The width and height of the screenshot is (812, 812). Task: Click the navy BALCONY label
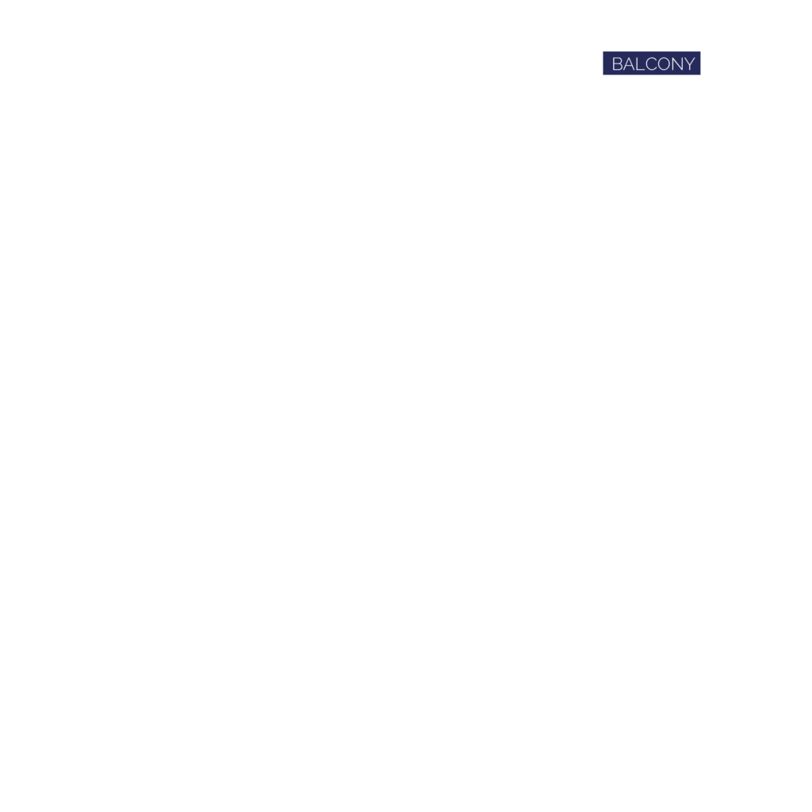652,63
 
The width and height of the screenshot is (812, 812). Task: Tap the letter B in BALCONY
617,63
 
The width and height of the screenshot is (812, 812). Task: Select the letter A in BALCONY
629,63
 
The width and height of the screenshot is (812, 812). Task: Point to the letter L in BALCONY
641,63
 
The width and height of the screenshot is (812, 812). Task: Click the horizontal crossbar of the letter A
629,67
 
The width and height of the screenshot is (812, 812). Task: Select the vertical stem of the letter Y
689,68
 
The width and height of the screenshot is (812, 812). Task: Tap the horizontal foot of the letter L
642,70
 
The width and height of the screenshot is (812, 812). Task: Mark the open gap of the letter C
657,63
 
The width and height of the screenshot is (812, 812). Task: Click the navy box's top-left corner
603,52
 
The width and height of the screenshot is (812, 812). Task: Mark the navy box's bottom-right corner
701,75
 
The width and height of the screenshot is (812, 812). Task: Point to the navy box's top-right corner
701,52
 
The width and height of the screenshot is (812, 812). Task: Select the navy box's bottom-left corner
603,75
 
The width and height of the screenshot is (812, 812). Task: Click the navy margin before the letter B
607,63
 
